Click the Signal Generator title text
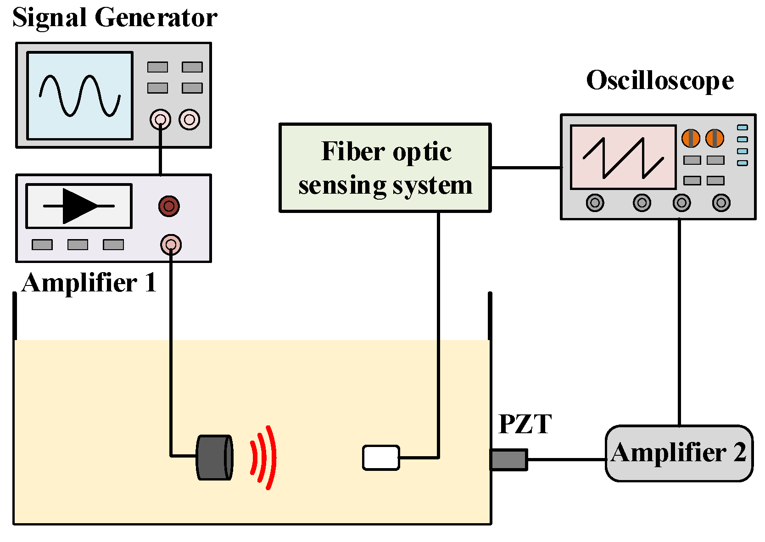click(x=114, y=18)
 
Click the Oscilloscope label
click(x=659, y=81)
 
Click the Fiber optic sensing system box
click(x=385, y=168)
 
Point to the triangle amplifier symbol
click(x=79, y=206)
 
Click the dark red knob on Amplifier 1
click(x=169, y=206)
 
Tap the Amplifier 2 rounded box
click(x=679, y=453)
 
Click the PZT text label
click(x=525, y=424)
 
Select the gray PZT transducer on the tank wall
click(x=508, y=460)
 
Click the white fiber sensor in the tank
click(x=381, y=458)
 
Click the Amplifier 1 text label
click(x=89, y=283)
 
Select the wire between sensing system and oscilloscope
click(x=526, y=168)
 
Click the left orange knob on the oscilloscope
click(x=690, y=138)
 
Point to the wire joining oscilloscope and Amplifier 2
click(x=679, y=321)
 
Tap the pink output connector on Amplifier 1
click(x=171, y=245)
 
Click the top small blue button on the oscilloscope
click(x=742, y=128)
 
